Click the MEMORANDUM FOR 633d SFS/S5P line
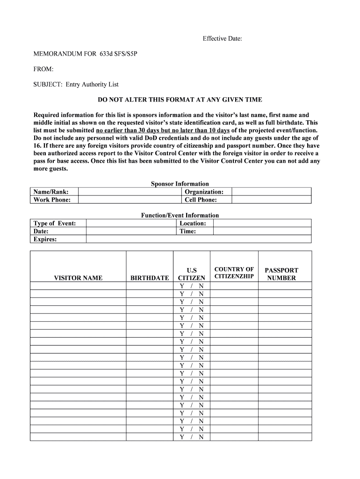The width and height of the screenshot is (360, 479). [86, 54]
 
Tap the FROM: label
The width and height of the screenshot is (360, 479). [43, 69]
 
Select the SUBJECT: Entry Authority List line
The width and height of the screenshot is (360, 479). [76, 84]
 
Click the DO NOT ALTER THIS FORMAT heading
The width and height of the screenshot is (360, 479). [180, 100]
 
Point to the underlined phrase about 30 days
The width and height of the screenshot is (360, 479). [162, 130]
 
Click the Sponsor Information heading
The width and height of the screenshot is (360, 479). [180, 184]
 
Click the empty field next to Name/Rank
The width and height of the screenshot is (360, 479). [129, 192]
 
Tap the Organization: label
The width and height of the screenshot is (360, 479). [204, 192]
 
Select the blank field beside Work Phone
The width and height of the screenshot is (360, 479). [129, 200]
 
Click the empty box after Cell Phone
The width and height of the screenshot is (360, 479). [272, 200]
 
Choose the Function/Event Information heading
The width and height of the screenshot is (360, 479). [180, 215]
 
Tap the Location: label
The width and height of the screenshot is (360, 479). [193, 223]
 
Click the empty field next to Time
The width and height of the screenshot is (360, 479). [262, 231]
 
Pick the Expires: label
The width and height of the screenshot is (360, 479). [45, 239]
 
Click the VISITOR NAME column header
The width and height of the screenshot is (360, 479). [78, 278]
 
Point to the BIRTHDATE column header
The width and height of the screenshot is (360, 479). [150, 278]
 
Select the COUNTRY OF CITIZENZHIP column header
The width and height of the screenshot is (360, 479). [234, 273]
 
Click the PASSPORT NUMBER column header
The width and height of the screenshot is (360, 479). [281, 274]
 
